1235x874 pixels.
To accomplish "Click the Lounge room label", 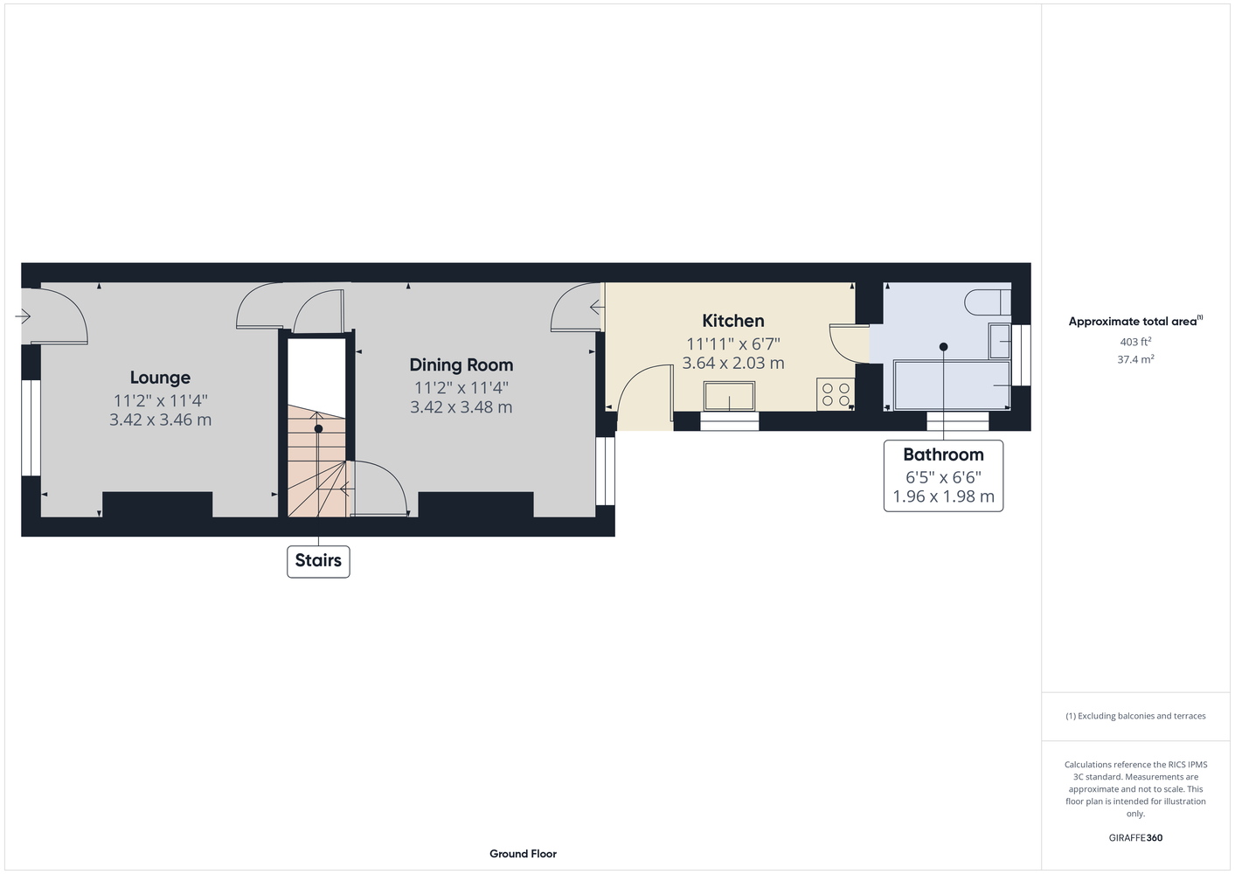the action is (x=160, y=378).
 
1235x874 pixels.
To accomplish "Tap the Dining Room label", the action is (x=461, y=365).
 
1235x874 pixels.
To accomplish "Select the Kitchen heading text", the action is (x=732, y=321).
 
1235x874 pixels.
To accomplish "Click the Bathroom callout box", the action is (x=943, y=475).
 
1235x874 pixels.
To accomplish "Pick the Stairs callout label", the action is (x=318, y=561).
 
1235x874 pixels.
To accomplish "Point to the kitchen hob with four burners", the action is (x=836, y=394).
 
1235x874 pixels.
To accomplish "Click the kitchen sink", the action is (x=729, y=395).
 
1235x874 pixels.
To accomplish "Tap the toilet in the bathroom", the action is (x=988, y=302).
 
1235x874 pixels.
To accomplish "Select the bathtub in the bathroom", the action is (x=952, y=385).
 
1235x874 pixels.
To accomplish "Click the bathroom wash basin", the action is (x=1000, y=342).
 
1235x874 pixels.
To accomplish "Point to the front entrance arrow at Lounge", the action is (x=23, y=316).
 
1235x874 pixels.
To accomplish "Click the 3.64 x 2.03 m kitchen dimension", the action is (x=732, y=364).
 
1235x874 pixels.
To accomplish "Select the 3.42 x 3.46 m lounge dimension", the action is (x=160, y=420).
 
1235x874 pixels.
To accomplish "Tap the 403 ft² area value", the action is (x=1135, y=342).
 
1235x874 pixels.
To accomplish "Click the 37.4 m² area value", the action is (x=1135, y=359).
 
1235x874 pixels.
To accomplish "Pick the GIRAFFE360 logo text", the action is (x=1135, y=838).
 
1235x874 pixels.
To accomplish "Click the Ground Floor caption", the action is (x=523, y=854).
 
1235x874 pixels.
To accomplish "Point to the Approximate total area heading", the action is (x=1135, y=322).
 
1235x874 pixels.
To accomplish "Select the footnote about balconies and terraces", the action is (x=1135, y=717).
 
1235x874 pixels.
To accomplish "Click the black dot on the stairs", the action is (x=318, y=428).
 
